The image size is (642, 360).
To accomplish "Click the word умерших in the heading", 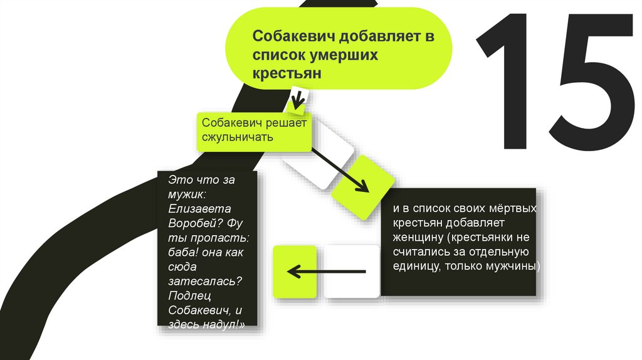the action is tap(341, 55).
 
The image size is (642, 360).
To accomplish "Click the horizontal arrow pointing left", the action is tap(326, 272).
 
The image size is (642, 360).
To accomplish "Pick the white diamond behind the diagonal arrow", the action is tap(320, 154).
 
